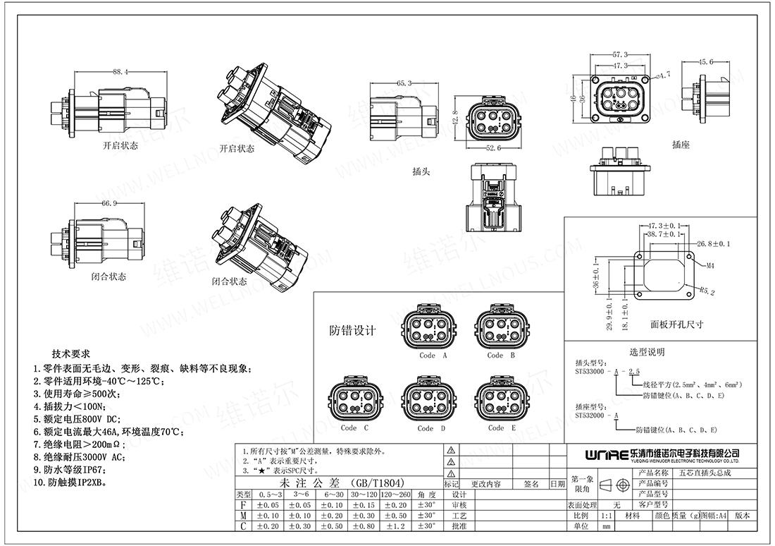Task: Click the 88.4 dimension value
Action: pos(120,72)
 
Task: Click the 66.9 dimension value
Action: pos(108,203)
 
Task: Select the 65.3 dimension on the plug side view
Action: pos(404,83)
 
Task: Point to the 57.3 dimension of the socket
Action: pos(620,54)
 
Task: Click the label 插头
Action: pos(421,171)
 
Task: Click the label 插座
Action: pos(681,144)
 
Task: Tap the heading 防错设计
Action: pos(353,331)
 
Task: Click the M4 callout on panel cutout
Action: pos(711,267)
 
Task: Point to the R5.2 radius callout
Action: pos(707,290)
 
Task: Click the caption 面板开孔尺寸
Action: pos(676,324)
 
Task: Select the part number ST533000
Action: pos(593,371)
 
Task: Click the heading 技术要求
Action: pos(70,353)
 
